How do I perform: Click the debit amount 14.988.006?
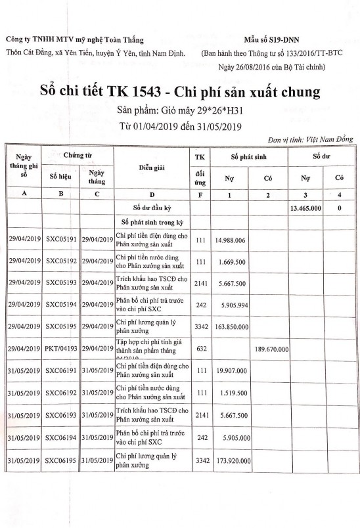coord(230,241)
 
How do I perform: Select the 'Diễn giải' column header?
coord(150,168)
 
